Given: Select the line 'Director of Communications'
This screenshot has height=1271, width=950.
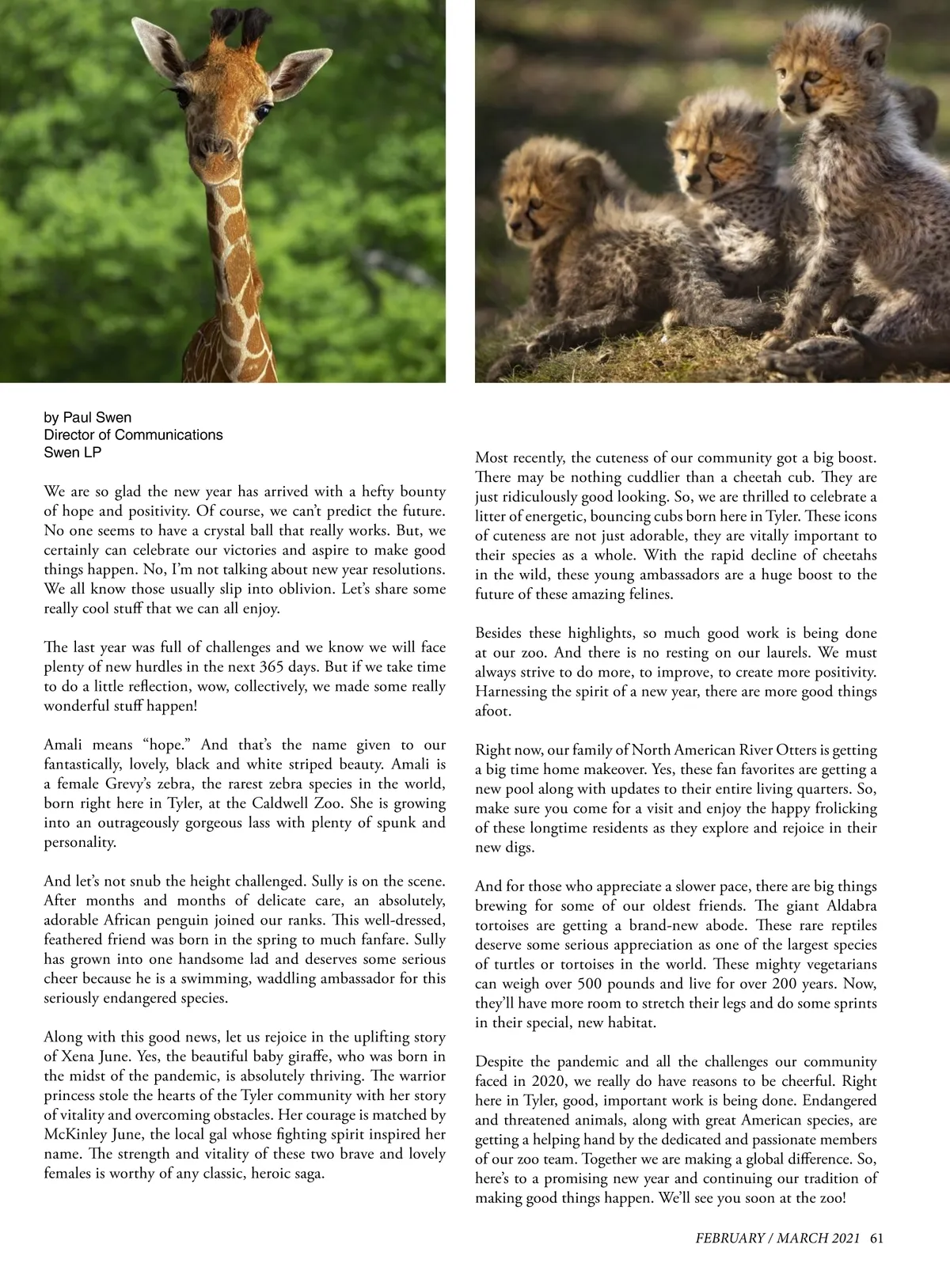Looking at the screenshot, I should pos(133,434).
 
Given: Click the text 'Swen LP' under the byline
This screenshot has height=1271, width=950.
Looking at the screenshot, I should pos(73,453).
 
